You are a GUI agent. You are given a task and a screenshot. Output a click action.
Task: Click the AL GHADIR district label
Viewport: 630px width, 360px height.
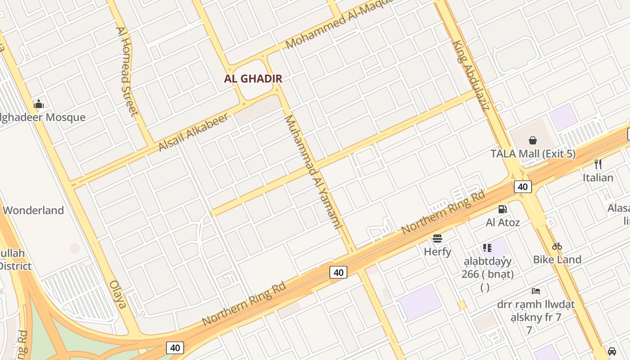[x=253, y=79]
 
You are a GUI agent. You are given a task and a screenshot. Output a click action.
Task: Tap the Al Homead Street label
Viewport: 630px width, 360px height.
[x=126, y=71]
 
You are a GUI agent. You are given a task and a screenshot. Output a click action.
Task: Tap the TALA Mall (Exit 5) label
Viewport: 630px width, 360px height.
[x=533, y=154]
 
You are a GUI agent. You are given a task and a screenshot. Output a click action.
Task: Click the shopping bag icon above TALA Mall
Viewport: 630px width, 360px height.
[x=533, y=140]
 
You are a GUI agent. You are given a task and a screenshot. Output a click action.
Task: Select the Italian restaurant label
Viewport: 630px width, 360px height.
[x=598, y=178]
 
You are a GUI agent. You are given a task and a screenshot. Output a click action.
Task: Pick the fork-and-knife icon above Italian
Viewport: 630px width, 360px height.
[x=598, y=164]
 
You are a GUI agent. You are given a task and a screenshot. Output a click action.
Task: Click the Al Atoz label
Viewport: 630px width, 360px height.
[x=503, y=222]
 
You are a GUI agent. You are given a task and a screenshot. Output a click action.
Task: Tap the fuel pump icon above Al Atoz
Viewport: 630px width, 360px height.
[x=503, y=209]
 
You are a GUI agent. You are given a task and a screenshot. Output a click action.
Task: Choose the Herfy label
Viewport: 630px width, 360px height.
[x=437, y=252]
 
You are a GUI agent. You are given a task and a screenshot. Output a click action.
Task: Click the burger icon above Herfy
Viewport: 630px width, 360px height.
[x=437, y=238]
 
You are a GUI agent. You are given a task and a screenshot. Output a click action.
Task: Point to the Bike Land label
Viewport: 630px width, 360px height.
[x=557, y=260]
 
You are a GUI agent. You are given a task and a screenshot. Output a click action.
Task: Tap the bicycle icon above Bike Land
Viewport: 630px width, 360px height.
[x=557, y=246]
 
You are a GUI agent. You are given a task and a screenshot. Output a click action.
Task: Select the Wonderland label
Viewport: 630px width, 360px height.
[x=33, y=211]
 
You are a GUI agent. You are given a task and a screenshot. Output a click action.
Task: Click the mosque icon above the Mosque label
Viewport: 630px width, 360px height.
[x=39, y=104]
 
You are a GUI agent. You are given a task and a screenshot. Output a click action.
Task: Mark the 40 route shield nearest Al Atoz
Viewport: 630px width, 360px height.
[x=522, y=187]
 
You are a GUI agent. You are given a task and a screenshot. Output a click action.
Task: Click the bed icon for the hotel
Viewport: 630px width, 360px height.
[x=536, y=291]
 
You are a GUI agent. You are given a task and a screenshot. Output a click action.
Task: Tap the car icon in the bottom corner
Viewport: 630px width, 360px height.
[x=612, y=351]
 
